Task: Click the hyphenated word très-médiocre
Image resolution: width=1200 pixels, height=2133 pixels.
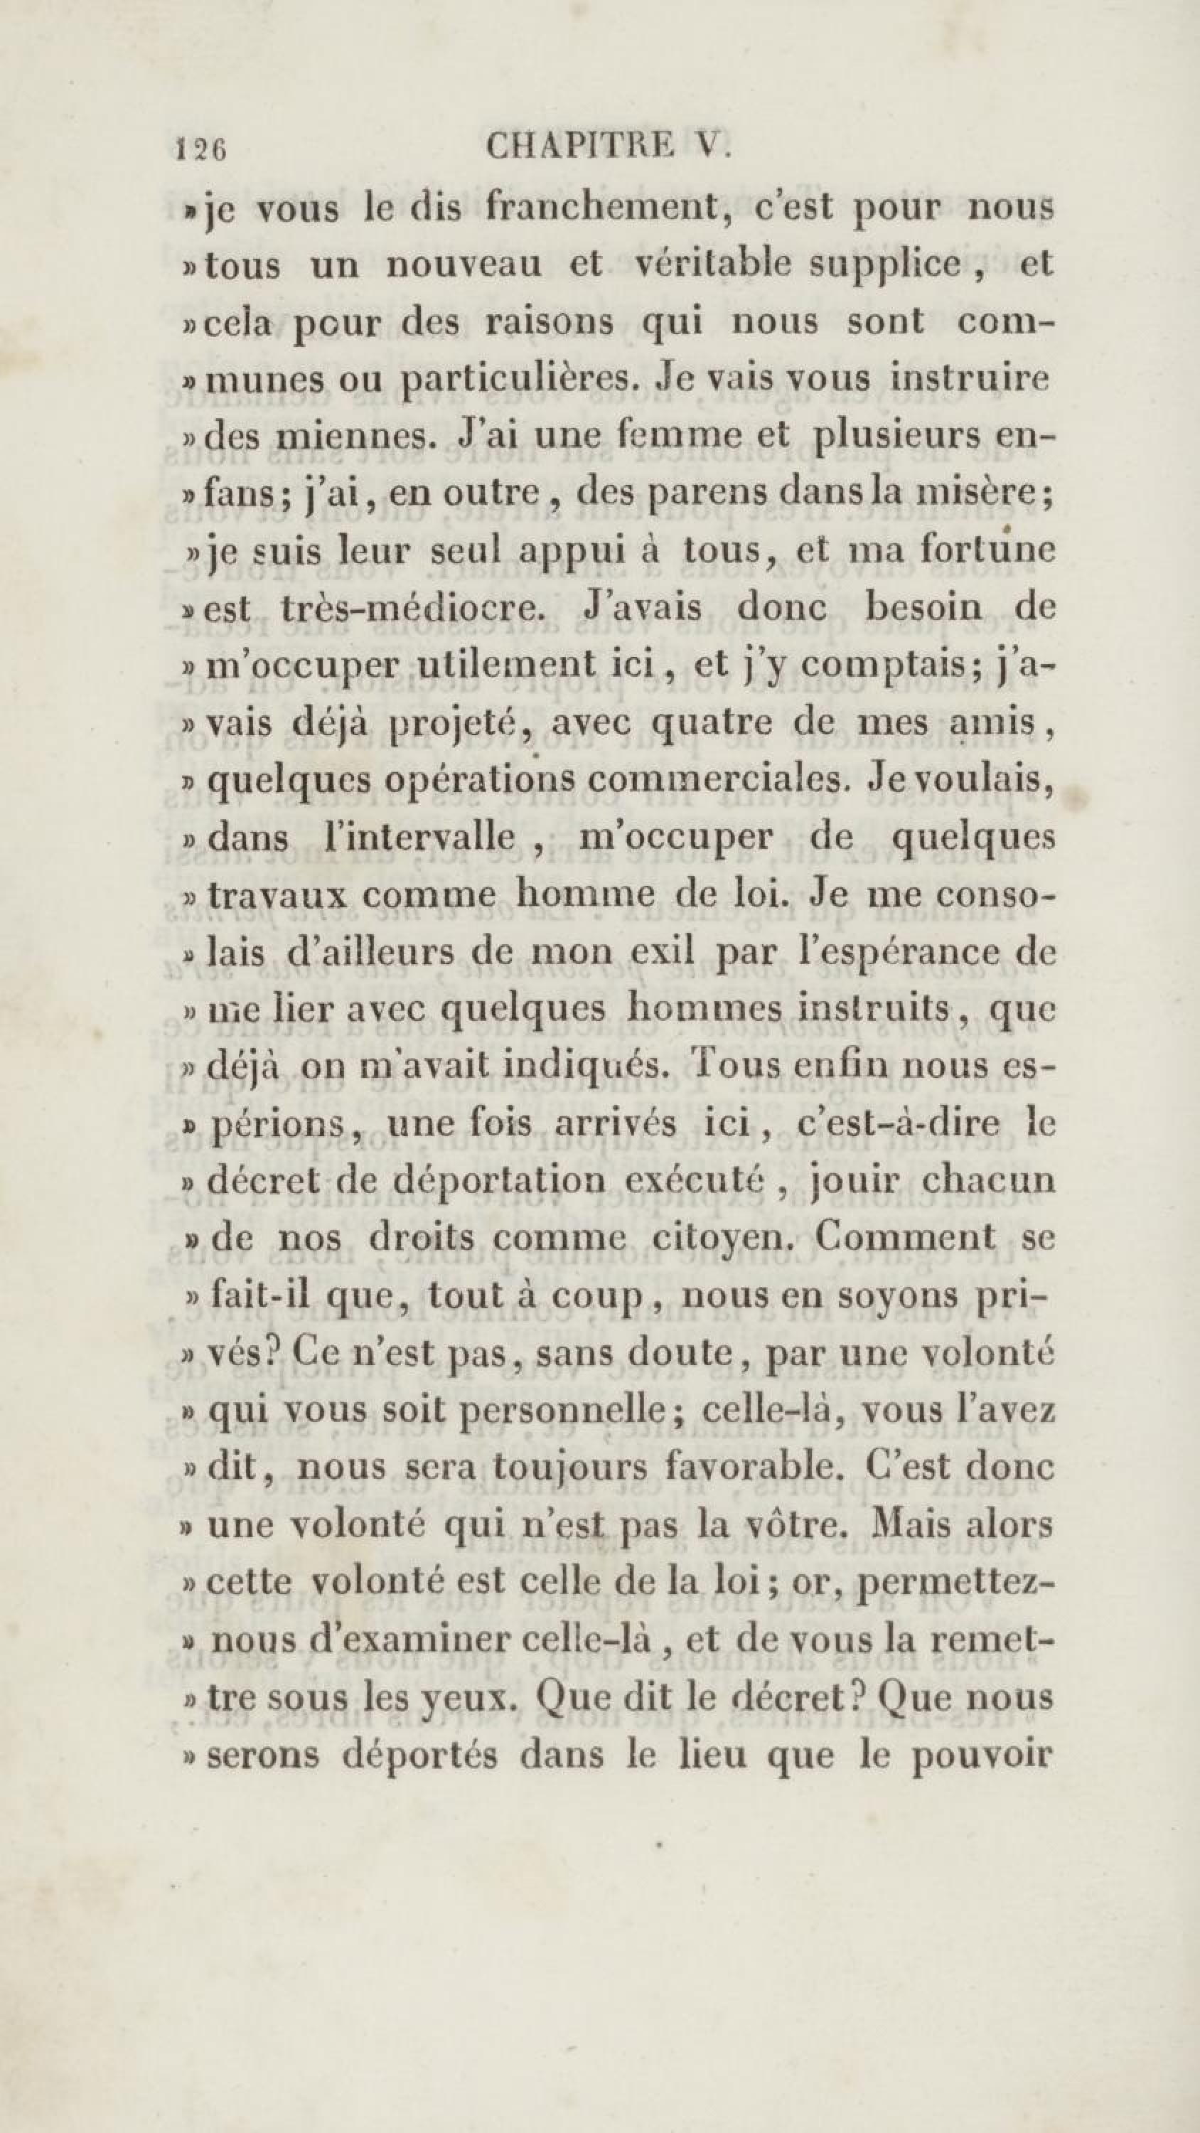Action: click(411, 609)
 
